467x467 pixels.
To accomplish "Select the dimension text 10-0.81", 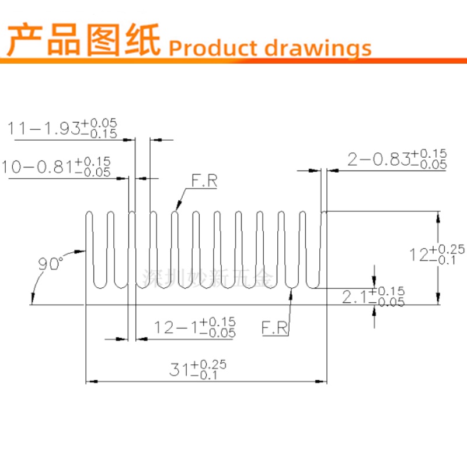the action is [x=36, y=167].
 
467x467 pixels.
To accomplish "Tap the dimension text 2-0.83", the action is [x=378, y=159].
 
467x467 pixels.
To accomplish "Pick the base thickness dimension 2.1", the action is [x=354, y=298].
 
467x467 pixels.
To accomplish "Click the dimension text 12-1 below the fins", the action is [x=176, y=327].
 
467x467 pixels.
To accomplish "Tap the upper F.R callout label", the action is [x=205, y=182].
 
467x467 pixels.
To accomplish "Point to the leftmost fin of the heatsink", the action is [x=89, y=245].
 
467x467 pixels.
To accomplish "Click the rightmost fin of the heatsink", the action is [x=324, y=245].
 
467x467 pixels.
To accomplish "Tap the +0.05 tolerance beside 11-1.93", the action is [x=99, y=123].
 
